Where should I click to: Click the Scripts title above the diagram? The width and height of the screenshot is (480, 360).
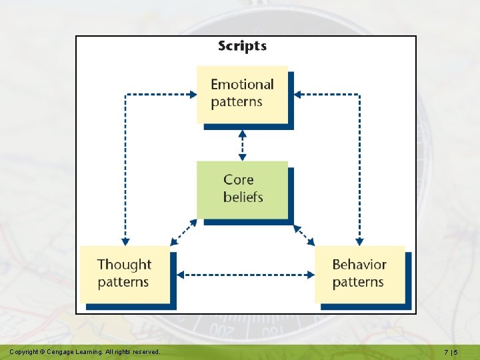pyautogui.click(x=242, y=46)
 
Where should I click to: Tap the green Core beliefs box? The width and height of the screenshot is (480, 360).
pyautogui.click(x=242, y=189)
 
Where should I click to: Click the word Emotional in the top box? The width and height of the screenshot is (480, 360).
pyautogui.click(x=242, y=85)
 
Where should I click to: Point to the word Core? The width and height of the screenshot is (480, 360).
pyautogui.click(x=238, y=180)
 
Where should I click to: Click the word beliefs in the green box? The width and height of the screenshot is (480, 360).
pyautogui.click(x=243, y=197)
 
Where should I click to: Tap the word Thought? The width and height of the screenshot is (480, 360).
pyautogui.click(x=124, y=265)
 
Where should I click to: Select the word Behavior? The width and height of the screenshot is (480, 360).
pyautogui.click(x=359, y=265)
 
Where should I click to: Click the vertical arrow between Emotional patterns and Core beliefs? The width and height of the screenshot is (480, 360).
pyautogui.click(x=242, y=144)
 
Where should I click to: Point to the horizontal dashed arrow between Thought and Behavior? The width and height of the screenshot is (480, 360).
pyautogui.click(x=246, y=274)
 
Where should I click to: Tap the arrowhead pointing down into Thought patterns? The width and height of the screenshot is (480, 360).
pyautogui.click(x=125, y=241)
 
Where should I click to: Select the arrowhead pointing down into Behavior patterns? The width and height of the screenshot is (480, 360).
pyautogui.click(x=359, y=241)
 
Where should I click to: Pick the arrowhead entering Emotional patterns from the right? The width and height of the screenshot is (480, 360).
pyautogui.click(x=297, y=95)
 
